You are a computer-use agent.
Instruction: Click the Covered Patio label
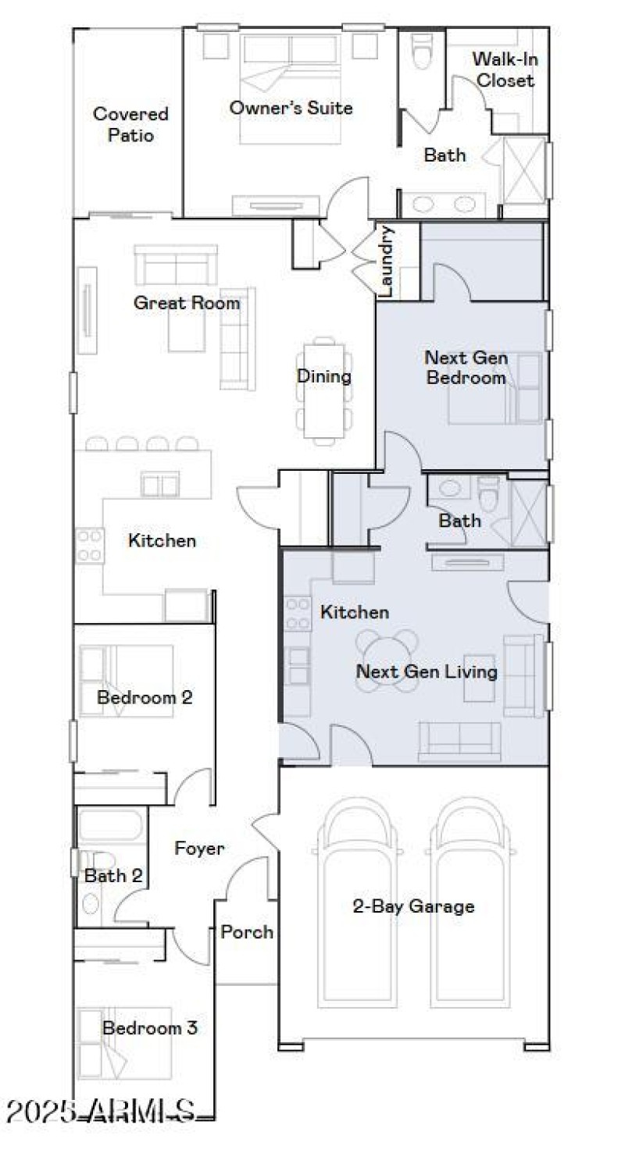(x=130, y=124)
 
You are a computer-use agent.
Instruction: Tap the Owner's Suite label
(x=291, y=108)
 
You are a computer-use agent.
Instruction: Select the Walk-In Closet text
(x=505, y=70)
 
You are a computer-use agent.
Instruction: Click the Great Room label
(x=187, y=303)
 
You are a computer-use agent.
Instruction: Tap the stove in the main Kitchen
(x=89, y=546)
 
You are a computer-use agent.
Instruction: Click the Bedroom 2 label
(x=145, y=696)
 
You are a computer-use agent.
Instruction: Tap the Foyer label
(x=199, y=849)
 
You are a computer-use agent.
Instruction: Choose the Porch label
(x=247, y=931)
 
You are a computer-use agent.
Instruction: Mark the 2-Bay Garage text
(x=413, y=906)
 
